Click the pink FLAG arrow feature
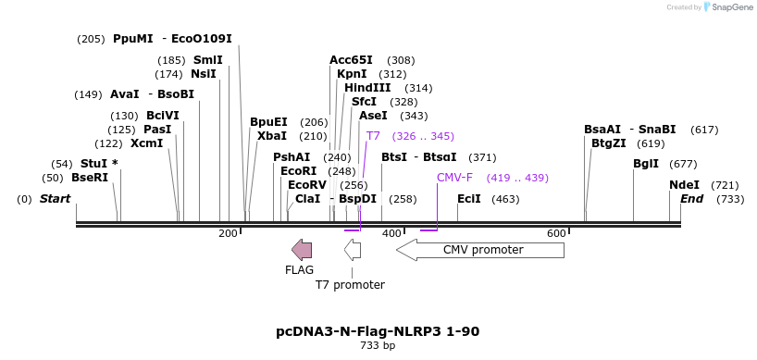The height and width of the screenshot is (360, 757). coord(302,250)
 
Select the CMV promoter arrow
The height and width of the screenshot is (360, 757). coord(480,250)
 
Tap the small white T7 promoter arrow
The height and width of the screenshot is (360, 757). coord(353,250)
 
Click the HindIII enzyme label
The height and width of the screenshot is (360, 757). coord(367,88)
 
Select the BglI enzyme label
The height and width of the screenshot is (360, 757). coord(646,164)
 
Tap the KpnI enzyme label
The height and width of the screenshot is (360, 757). coord(352,74)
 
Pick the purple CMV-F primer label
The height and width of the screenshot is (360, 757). coord(454,177)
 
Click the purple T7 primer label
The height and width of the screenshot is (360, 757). coord(373,136)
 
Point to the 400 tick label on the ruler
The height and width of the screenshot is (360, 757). coord(393,233)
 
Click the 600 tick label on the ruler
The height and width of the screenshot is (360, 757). coord(557,233)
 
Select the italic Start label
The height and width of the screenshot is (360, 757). coord(55,199)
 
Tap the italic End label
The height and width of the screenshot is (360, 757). coord(692,199)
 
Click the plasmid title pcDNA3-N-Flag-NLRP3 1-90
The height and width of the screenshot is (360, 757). coord(378,332)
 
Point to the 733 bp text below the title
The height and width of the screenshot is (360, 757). coord(378,345)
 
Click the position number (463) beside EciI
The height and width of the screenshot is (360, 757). coord(505,199)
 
